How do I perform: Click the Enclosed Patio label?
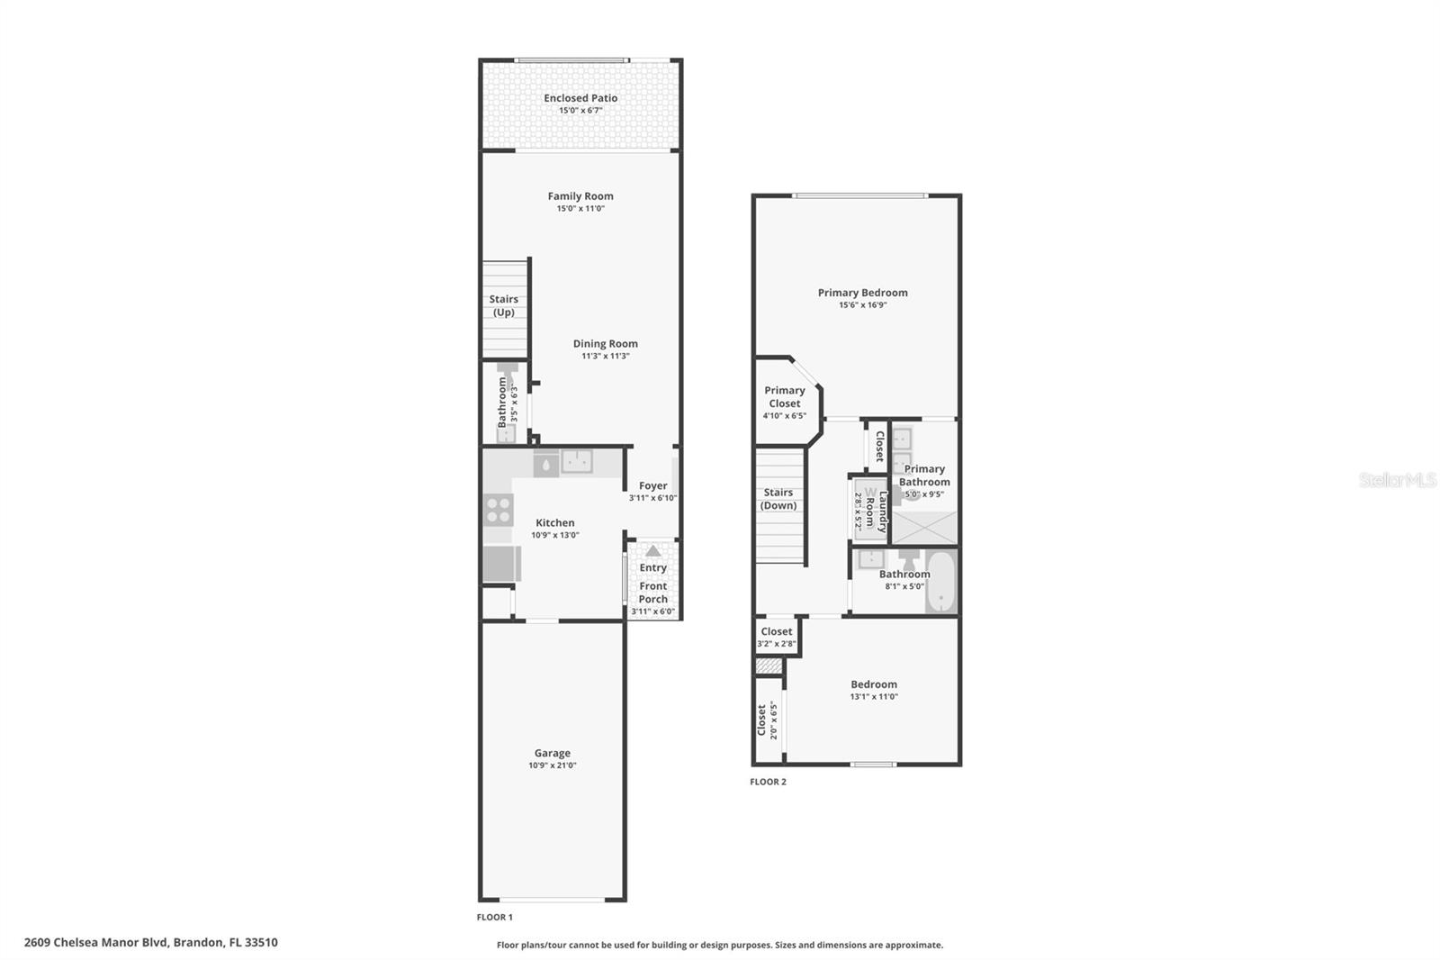tap(580, 98)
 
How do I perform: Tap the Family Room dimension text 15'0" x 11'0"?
tap(580, 209)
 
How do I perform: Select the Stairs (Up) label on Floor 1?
tap(504, 305)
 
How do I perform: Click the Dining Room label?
tap(606, 343)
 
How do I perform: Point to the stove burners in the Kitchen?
tap(498, 510)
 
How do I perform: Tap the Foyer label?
tap(653, 485)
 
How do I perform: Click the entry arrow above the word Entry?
tap(653, 550)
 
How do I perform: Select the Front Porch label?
tap(653, 593)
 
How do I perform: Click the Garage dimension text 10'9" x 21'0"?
tap(553, 765)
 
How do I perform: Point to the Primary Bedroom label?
tap(862, 293)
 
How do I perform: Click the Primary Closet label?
tap(785, 396)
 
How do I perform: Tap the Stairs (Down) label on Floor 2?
tap(778, 499)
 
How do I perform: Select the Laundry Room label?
tap(877, 512)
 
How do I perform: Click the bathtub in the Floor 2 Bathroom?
tap(940, 582)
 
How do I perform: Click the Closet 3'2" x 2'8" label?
tap(777, 632)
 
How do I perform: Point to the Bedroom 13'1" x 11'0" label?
tap(874, 684)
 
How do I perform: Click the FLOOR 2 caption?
tap(768, 782)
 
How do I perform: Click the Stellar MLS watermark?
tap(1397, 481)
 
